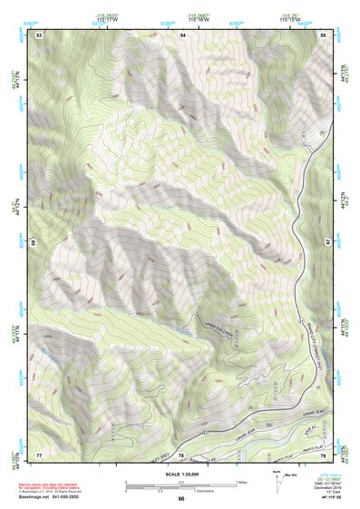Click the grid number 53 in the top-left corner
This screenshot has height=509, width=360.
(x=39, y=34)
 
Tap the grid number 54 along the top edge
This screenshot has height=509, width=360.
(x=182, y=34)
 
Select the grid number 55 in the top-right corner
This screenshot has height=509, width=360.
(x=323, y=34)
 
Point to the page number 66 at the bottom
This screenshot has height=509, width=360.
(x=181, y=499)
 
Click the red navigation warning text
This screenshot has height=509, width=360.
(x=50, y=484)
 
